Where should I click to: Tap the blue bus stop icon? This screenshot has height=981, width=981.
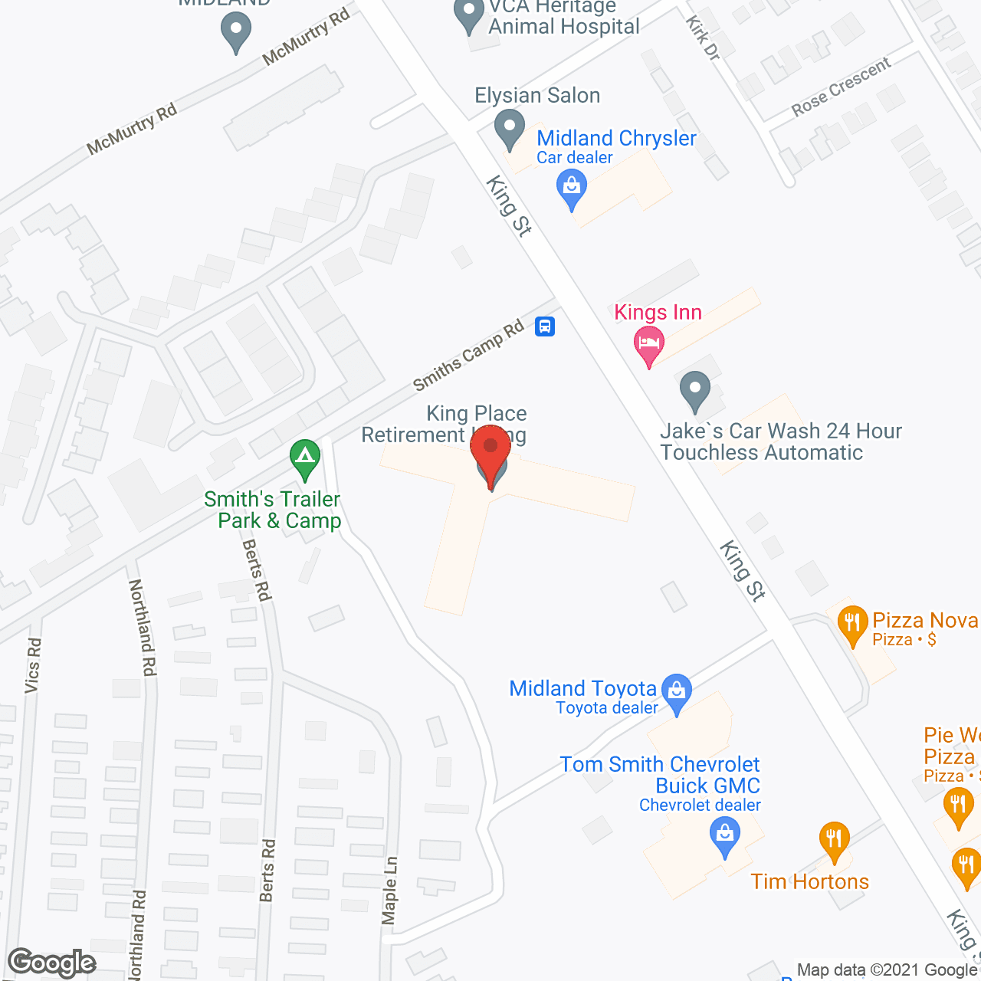545,326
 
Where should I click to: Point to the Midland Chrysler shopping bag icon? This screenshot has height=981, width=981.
572,187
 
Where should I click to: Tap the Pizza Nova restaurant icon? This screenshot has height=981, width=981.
852,624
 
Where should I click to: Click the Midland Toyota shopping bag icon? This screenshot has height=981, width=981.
677,691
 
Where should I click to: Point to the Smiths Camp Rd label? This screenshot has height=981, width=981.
468,355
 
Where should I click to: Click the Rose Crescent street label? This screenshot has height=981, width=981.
841,87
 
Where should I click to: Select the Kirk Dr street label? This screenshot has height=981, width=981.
703,38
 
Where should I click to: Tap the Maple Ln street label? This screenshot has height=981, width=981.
390,890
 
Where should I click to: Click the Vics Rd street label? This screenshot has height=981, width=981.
32,665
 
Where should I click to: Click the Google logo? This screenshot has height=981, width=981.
52,963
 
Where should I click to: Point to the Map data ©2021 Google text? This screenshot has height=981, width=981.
887,970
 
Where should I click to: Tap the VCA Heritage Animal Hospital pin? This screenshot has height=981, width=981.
469,15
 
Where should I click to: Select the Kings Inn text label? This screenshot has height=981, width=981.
658,313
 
